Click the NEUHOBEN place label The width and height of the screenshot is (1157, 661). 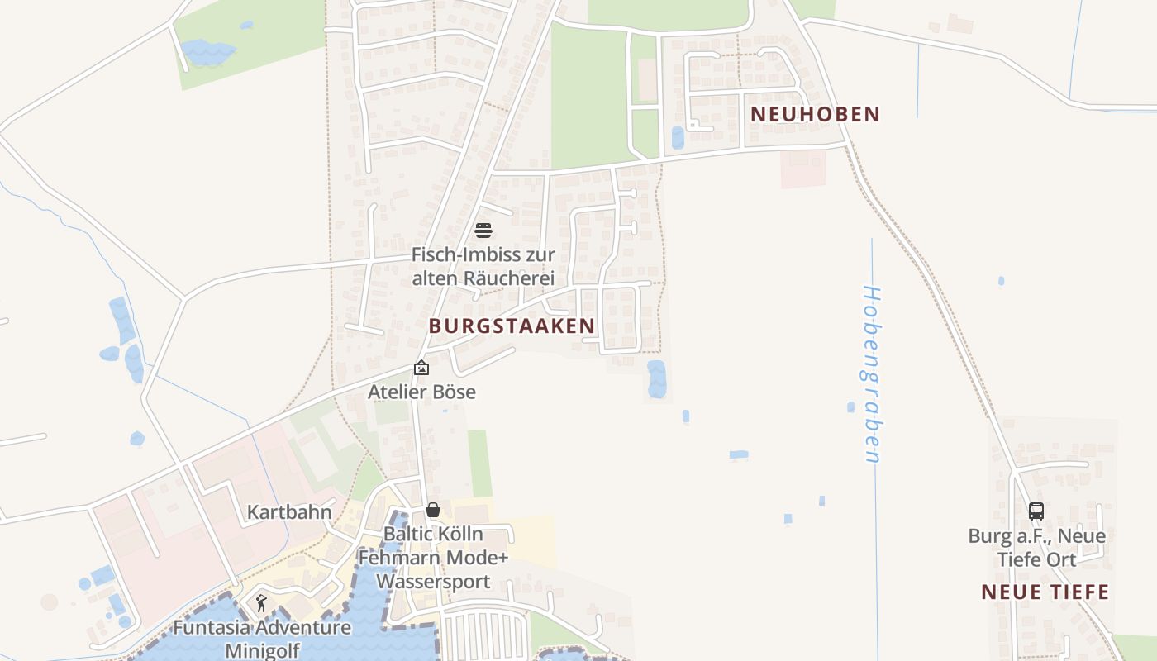click(x=815, y=114)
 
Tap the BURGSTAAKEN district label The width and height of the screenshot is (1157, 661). click(x=512, y=326)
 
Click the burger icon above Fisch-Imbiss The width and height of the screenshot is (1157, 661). click(x=483, y=230)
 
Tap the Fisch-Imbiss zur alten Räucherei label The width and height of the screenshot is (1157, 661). click(x=483, y=266)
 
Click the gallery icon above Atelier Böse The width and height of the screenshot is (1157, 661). click(x=421, y=368)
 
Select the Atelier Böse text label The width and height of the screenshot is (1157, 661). click(x=421, y=392)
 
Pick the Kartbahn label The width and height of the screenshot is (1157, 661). click(x=289, y=512)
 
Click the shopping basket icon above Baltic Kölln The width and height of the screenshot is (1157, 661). click(x=433, y=510)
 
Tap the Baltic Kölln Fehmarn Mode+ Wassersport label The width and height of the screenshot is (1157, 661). click(x=433, y=558)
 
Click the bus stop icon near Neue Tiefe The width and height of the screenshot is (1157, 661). click(x=1036, y=511)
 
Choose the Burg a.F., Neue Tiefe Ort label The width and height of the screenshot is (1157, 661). click(x=1036, y=547)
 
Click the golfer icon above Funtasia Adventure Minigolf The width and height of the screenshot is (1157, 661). click(x=262, y=602)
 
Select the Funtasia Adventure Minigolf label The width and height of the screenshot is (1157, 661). click(x=262, y=638)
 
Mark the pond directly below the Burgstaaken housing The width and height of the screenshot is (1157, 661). click(x=656, y=378)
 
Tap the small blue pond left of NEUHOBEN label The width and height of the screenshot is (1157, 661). click(x=678, y=137)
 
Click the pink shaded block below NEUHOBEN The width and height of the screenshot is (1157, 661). click(x=803, y=169)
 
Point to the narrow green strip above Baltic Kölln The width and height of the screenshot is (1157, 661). click(x=479, y=463)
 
